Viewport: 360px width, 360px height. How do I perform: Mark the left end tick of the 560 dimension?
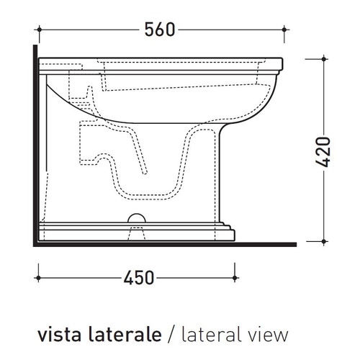(x=39, y=30)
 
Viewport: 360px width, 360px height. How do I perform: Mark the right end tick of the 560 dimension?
(x=286, y=30)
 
